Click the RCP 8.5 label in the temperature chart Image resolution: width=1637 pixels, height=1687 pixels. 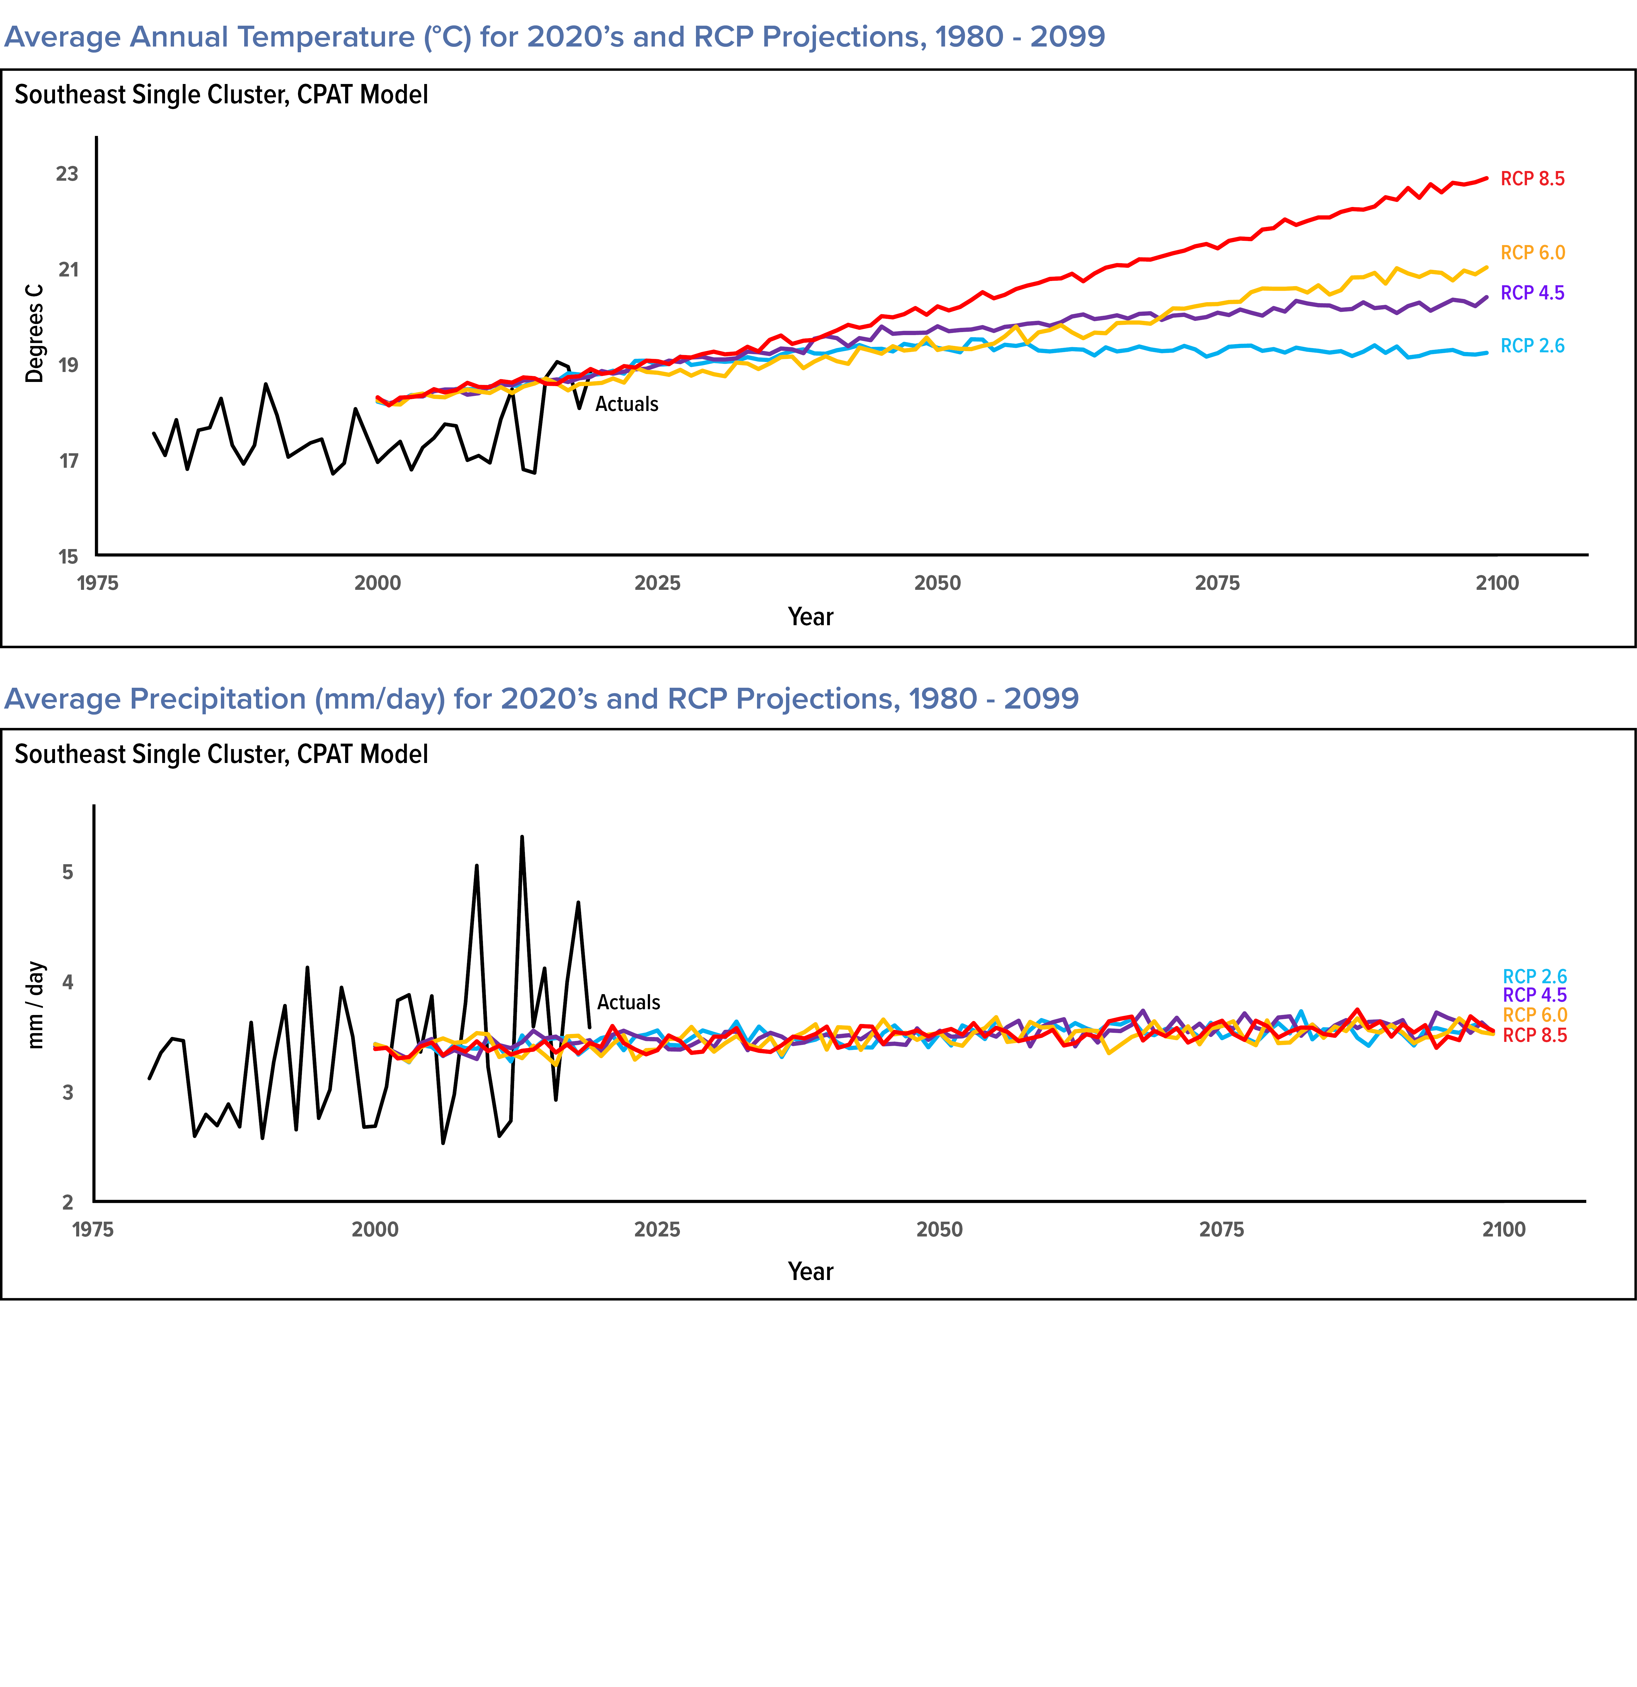coord(1532,179)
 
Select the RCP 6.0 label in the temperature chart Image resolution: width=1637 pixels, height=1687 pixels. coord(1532,253)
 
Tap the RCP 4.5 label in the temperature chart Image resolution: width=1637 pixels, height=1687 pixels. coord(1532,293)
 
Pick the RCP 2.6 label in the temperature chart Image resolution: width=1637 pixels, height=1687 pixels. coord(1532,346)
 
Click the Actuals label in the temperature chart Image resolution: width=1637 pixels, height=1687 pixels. coord(626,405)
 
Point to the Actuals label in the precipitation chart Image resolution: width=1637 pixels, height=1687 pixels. coord(628,1003)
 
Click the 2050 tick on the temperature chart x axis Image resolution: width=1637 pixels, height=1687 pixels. coord(937,583)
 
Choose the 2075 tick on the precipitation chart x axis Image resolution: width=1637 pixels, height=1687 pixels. coord(1221,1230)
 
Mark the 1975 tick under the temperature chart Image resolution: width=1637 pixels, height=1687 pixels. coord(97,583)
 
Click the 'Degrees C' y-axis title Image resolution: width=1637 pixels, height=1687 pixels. coord(34,333)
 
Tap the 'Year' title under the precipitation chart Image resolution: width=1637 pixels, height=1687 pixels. coord(810,1272)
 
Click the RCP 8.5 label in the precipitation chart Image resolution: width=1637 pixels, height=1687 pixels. coord(1535,1036)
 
